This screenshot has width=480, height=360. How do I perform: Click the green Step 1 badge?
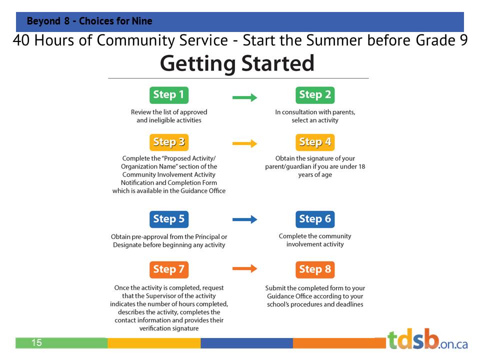click(168, 95)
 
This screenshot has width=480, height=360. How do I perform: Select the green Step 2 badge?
click(315, 95)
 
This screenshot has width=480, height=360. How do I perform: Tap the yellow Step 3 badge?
click(168, 142)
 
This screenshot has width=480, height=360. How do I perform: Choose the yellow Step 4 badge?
click(315, 142)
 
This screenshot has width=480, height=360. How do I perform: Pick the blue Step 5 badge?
click(168, 219)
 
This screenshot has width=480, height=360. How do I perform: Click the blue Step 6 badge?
click(315, 219)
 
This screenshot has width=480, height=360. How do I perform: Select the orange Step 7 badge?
click(168, 269)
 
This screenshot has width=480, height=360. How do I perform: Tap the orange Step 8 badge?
click(315, 269)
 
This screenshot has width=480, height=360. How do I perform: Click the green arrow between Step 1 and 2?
click(244, 97)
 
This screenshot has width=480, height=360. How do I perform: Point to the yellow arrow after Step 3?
click(244, 144)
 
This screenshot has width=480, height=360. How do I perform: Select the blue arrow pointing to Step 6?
click(244, 219)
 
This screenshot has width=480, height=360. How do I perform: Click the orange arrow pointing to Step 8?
click(244, 269)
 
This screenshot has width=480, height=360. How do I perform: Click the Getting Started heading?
click(237, 64)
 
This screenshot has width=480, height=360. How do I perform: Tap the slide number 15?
click(36, 343)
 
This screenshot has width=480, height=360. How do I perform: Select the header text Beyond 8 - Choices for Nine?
click(89, 21)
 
